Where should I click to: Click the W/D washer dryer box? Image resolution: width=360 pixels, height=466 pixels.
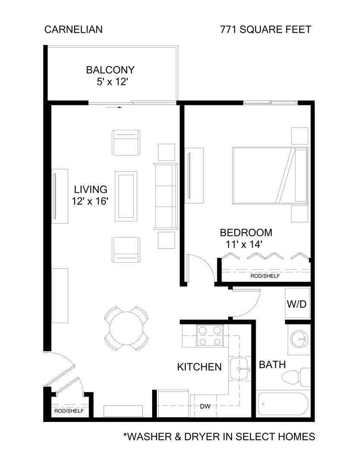297,304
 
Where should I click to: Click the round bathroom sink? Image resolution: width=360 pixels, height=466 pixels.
299,339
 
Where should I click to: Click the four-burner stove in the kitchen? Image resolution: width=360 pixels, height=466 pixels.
209,336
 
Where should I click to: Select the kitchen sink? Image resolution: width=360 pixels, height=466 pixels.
239,369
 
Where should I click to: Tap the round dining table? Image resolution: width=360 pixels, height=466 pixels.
127,328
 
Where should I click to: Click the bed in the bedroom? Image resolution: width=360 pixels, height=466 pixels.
270,176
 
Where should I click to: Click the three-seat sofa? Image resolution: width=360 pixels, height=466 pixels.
166,197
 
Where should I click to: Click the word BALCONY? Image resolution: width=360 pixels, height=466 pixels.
110,70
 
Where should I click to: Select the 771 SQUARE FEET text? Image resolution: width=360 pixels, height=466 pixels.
266,30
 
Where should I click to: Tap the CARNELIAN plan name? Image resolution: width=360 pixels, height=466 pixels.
73,30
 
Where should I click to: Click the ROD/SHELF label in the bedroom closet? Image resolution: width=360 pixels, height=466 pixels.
264,276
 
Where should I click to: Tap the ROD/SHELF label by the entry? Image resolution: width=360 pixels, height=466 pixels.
69,411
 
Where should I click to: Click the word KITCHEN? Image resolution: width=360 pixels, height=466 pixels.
199,367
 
